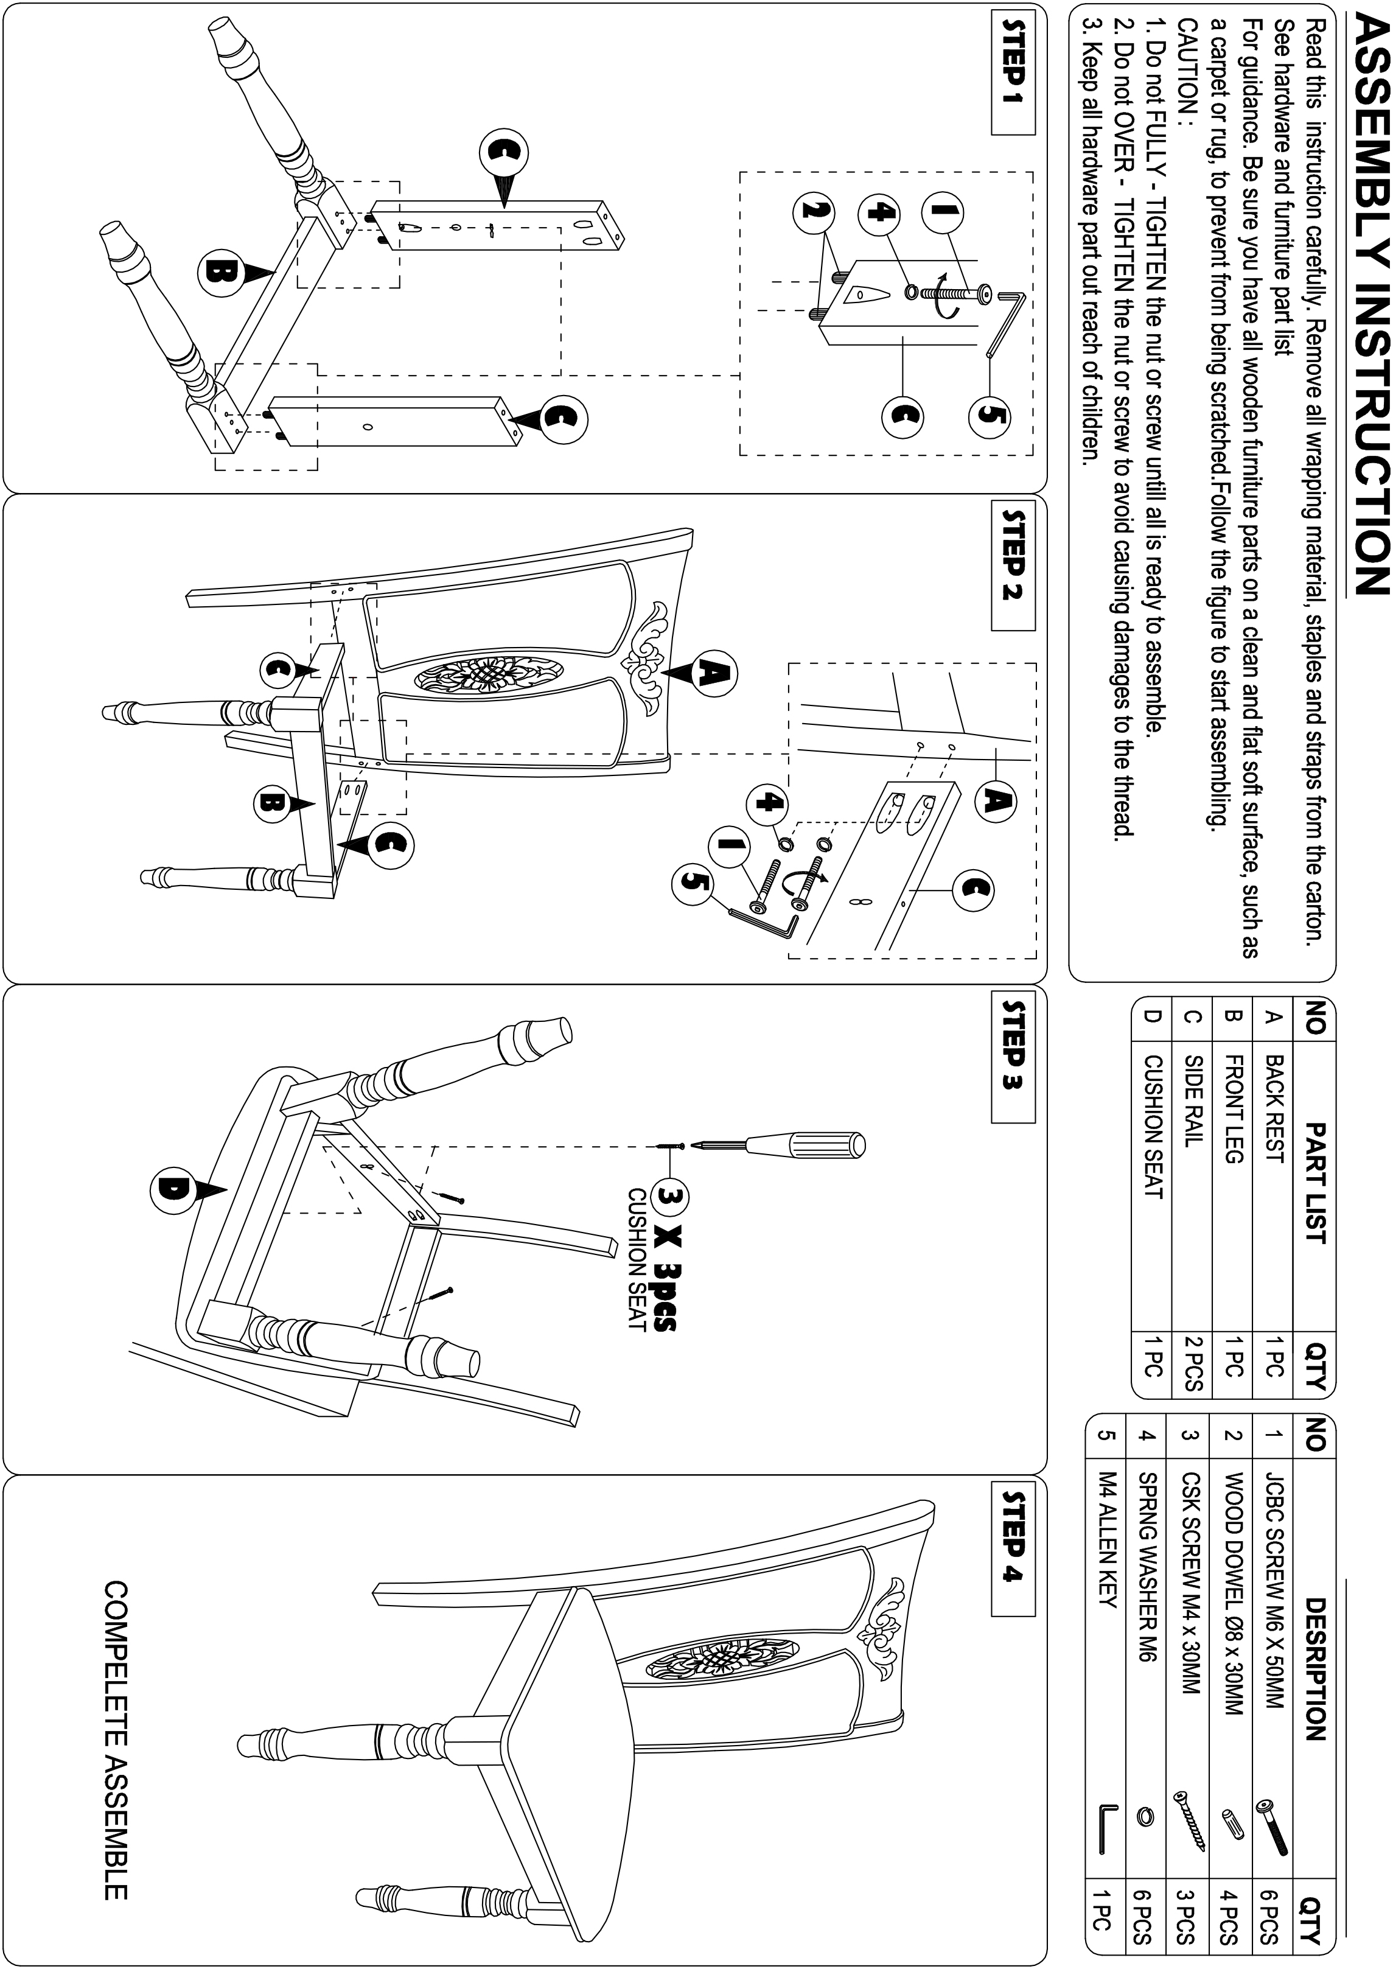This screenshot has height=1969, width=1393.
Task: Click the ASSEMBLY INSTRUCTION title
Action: [x=1366, y=318]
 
